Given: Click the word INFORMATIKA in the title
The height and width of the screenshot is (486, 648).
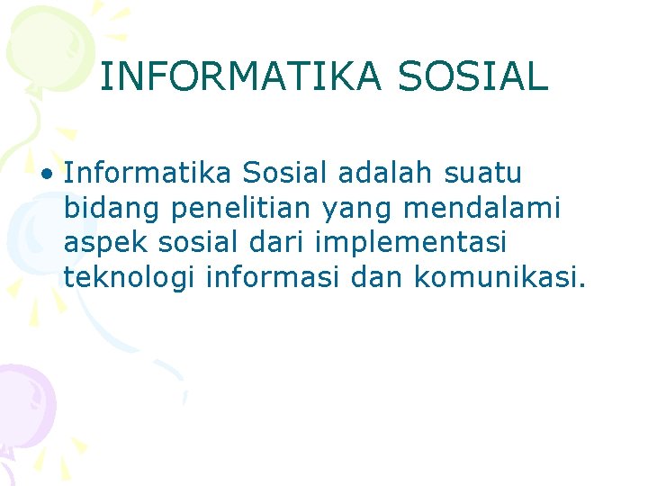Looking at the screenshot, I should point(242,76).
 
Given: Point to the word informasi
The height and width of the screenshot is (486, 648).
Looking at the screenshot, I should point(273,278).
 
